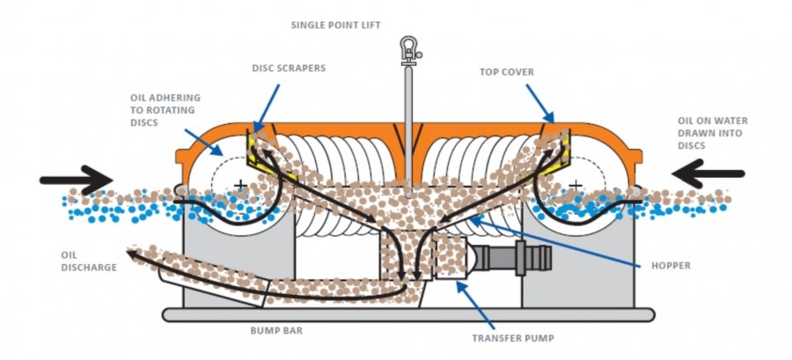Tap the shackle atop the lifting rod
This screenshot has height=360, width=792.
point(408,50)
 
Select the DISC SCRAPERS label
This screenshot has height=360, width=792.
point(289,68)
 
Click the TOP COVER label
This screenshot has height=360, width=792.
point(507,72)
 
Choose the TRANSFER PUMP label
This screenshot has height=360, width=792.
point(513,338)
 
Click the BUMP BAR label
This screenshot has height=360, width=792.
point(276,331)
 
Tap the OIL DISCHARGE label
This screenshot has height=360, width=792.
point(89,261)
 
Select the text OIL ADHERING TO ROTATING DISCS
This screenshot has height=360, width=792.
point(165,110)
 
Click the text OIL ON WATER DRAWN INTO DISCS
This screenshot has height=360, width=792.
point(713,133)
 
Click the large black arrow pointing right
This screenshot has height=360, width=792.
point(76,180)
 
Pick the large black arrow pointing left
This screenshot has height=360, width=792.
point(708,173)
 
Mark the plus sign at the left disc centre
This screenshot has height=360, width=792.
point(240,185)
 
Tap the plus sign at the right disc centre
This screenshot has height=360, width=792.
point(576,185)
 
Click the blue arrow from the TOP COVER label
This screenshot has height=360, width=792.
point(539,103)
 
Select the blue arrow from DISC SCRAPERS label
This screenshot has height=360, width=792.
point(267,108)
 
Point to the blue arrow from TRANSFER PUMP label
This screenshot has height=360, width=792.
point(475,305)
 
